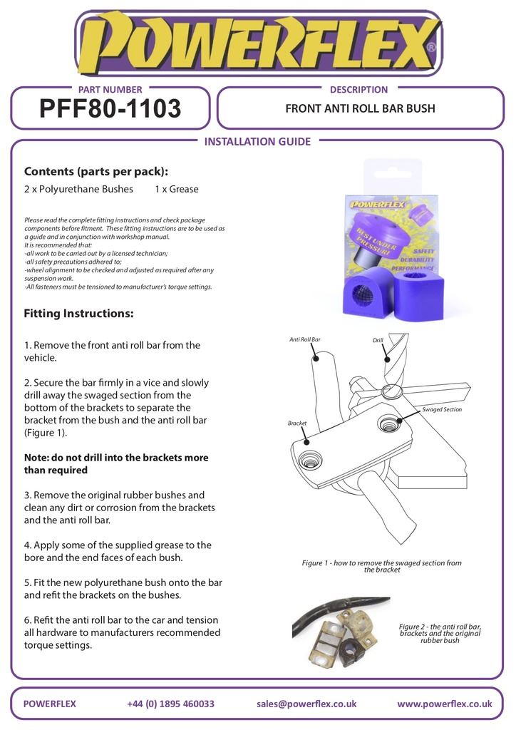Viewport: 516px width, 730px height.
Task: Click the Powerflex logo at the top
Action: point(258,44)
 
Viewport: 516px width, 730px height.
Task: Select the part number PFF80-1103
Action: point(110,109)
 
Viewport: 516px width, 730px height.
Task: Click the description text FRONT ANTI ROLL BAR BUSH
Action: point(360,109)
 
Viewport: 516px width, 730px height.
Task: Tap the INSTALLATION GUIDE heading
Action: point(257,141)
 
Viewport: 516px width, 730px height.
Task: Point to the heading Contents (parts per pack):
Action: point(96,171)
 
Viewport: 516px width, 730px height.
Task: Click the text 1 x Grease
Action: point(176,190)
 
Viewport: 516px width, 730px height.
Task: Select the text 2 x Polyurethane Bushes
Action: point(78,190)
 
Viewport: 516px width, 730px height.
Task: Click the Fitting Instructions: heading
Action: point(78,313)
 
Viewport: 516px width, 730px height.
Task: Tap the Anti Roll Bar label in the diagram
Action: point(304,340)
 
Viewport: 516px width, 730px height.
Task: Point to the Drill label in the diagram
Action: point(378,341)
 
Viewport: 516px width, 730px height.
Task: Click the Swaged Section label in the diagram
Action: point(442,410)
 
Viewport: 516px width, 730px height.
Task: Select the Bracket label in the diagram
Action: point(297,423)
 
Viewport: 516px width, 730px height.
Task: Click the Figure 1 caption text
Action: point(381,566)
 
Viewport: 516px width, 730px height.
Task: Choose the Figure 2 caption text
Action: point(440,633)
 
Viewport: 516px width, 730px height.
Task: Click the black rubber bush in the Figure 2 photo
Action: point(350,650)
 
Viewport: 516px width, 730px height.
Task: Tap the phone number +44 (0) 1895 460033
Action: point(170,704)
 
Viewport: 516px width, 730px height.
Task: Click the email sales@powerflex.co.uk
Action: point(306,704)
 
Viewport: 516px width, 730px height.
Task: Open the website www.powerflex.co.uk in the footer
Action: point(444,704)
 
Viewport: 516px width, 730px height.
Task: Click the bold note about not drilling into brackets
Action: point(116,463)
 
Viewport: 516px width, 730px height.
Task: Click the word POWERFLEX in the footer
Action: point(50,704)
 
